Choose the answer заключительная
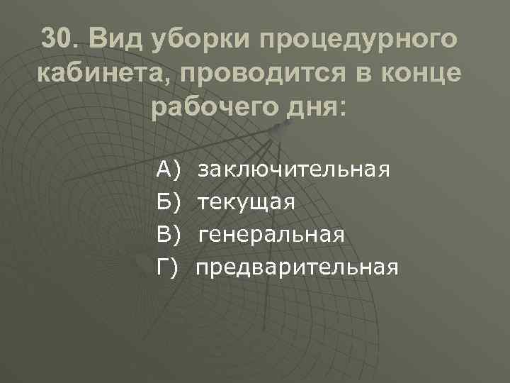click(x=294, y=170)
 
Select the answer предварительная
click(x=297, y=267)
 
